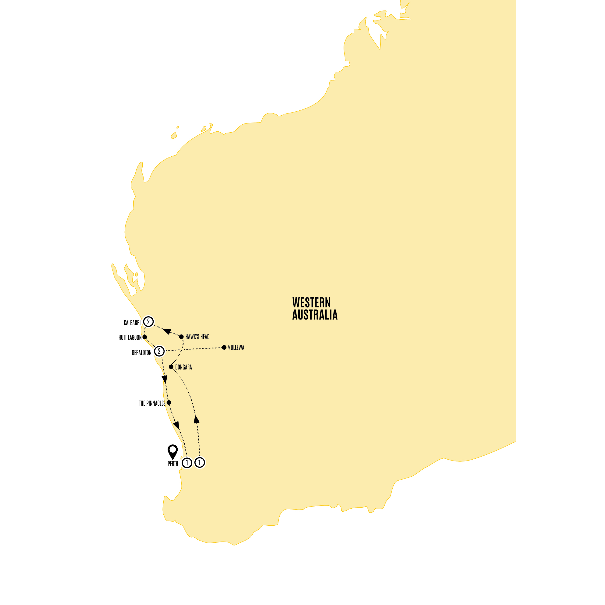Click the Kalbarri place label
pos(132,323)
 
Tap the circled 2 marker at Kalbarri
pos(148,322)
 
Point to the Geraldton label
pos(141,353)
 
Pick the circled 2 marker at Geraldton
pos(159,351)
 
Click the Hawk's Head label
pos(197,337)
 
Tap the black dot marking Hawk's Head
pos(181,337)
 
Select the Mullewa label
pos(236,348)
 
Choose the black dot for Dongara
pos(171,367)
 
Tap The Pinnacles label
pos(152,404)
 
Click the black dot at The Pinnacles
pos(169,402)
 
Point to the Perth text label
pos(173,464)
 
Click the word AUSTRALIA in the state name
pos(315,315)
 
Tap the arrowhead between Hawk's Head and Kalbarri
pos(167,331)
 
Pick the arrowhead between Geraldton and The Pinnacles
pos(164,380)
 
